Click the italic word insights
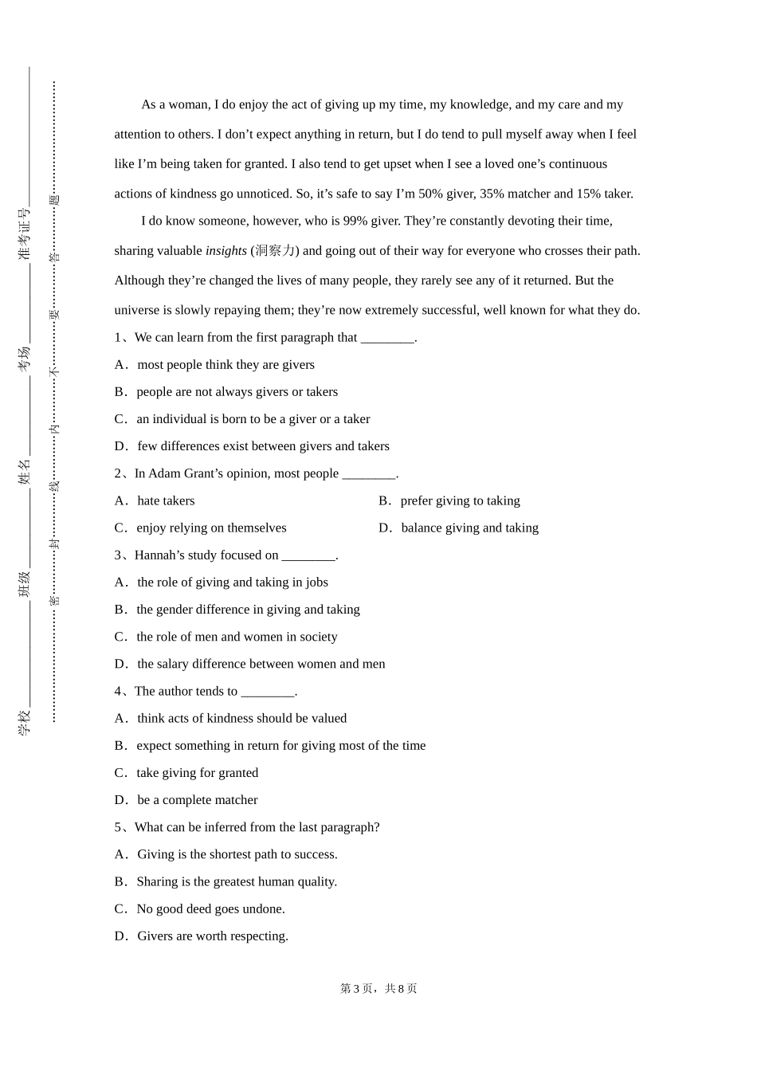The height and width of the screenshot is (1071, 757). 226,251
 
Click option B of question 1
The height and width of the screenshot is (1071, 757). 237,392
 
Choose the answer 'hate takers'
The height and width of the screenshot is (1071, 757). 166,501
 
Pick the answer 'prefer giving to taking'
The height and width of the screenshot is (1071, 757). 460,501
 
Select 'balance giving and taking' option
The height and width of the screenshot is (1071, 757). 469,528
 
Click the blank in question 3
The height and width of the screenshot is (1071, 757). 308,555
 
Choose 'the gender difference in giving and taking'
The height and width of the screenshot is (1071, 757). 248,610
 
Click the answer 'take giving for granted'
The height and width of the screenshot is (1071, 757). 197,773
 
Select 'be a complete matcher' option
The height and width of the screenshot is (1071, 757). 197,800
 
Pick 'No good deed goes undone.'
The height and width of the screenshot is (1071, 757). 210,909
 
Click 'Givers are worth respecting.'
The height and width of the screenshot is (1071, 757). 212,936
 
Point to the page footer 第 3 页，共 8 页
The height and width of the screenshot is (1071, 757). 378,989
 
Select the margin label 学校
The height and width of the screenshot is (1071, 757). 25,723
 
